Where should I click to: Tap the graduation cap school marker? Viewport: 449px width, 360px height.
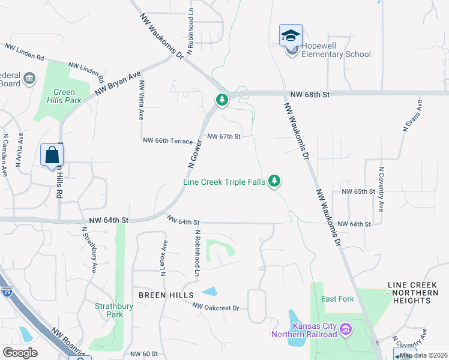tap(291, 35)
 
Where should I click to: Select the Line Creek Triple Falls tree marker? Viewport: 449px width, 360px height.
tap(275, 180)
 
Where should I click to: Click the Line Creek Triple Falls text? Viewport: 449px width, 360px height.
tap(223, 182)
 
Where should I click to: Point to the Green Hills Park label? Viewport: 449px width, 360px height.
tap(64, 97)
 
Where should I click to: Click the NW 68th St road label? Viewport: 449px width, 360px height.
tap(309, 95)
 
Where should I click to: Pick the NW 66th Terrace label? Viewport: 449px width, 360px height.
tap(167, 140)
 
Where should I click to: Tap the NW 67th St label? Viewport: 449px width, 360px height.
tap(224, 136)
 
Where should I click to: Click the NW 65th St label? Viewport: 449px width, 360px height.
tap(358, 191)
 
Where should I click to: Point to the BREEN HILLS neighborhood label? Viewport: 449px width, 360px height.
tap(166, 295)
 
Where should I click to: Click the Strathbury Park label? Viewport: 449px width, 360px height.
tap(109, 310)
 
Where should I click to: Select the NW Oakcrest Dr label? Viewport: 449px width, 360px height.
tap(215, 307)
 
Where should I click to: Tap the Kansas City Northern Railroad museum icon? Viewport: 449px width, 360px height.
tap(346, 329)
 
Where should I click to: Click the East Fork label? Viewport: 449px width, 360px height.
tap(337, 299)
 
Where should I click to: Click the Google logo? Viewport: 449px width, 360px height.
tap(20, 353)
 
